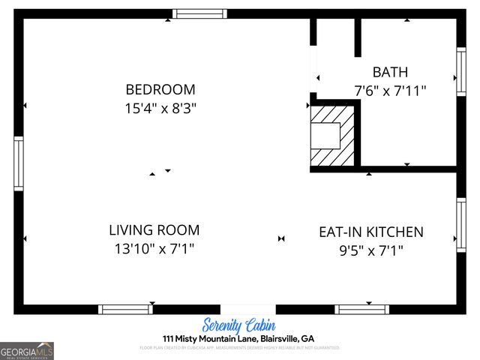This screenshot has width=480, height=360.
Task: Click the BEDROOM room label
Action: [x=160, y=89]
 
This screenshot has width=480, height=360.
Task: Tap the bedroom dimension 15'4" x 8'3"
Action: [x=160, y=108]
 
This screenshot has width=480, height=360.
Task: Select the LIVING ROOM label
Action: [x=154, y=230]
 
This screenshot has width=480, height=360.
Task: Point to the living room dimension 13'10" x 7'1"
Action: [x=154, y=248]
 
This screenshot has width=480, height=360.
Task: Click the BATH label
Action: [x=391, y=72]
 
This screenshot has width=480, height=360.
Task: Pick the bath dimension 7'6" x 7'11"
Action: [x=391, y=91]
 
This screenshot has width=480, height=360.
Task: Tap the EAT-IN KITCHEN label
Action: [x=371, y=232]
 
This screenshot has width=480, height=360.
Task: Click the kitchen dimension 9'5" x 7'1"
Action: [x=371, y=250]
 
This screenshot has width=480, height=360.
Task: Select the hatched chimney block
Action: [x=332, y=136]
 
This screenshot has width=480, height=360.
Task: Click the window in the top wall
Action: [x=199, y=13]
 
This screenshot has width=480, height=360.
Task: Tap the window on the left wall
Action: [x=19, y=163]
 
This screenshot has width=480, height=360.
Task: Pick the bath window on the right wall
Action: [x=461, y=72]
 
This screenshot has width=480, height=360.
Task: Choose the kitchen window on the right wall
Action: [x=461, y=224]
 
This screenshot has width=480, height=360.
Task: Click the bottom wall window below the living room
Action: [x=125, y=309]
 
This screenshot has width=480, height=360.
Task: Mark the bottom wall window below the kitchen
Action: [x=361, y=309]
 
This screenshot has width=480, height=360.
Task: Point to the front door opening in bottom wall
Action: [x=247, y=309]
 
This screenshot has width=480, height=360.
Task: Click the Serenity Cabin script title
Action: [x=239, y=325]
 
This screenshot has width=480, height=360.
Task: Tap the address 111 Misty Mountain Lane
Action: [x=238, y=338]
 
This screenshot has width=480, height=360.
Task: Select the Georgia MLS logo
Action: [x=27, y=350]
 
